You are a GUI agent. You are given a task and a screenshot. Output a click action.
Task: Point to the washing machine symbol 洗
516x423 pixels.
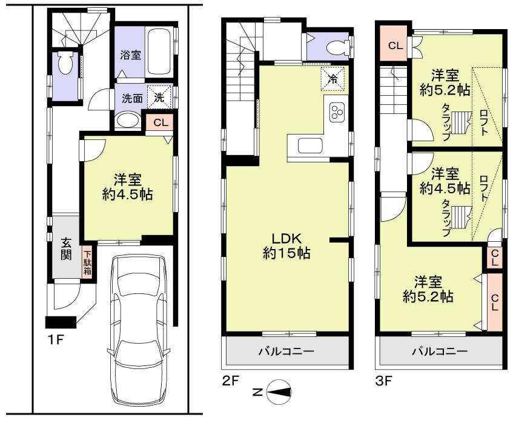161,96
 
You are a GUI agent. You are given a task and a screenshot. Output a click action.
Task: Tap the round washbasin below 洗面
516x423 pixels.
127,121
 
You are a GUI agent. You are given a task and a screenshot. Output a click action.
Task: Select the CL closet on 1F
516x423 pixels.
160,122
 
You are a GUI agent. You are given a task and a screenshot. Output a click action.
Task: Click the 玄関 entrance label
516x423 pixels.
66,248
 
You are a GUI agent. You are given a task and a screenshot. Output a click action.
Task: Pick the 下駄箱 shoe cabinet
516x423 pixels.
87,263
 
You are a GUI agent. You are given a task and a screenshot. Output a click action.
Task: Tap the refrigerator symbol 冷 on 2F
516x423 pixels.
333,78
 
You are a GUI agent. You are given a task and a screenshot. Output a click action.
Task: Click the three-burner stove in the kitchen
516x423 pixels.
337,112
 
